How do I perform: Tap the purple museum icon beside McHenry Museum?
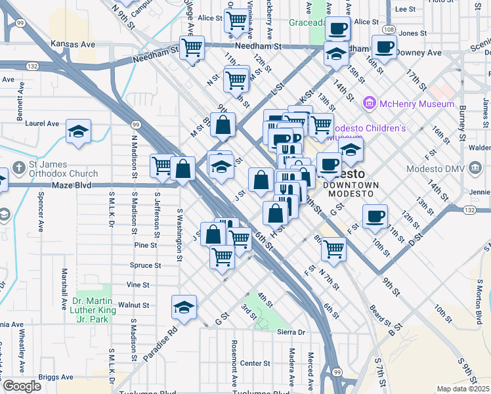[x=370, y=104]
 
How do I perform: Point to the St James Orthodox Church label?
[x=63, y=169]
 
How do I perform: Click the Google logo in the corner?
[x=22, y=386]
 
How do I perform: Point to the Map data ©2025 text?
[x=463, y=389]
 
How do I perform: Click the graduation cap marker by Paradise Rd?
[x=184, y=307]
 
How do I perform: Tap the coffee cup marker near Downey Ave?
[x=384, y=47]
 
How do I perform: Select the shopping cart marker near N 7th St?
[x=333, y=248]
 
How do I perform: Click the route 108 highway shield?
[x=389, y=30]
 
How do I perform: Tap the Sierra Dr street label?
[x=292, y=332]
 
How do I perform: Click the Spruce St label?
[x=146, y=265]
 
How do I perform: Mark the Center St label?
[x=255, y=363]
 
